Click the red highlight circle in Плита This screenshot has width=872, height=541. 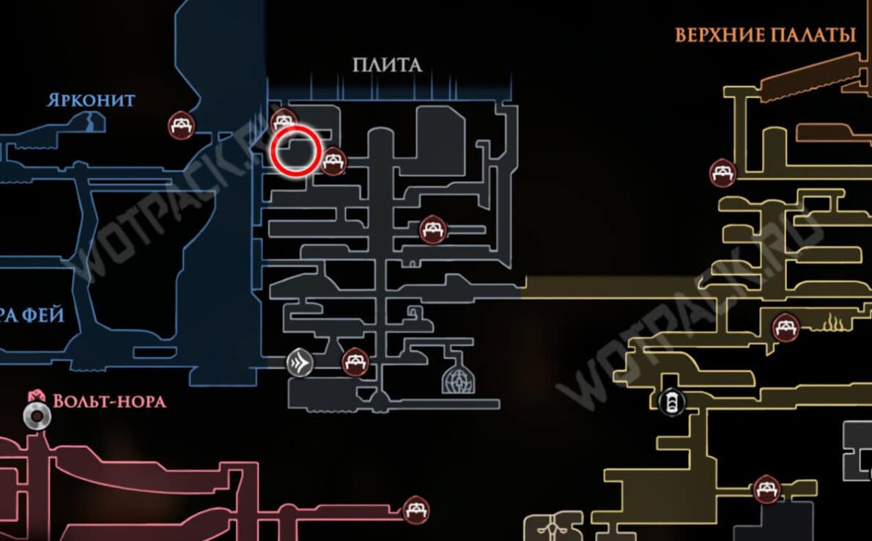pos(295,150)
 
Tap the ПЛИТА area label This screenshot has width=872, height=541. pos(387,65)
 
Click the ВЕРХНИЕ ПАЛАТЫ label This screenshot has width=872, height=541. pos(766,34)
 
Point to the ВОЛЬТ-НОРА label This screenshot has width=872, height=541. pos(109,401)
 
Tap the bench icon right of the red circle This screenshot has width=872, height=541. pos(333,161)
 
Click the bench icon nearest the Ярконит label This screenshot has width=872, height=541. pos(180,125)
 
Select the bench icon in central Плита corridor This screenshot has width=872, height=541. pos(432,229)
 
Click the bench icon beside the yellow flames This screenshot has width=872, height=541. pos(786,324)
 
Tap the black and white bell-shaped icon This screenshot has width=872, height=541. pos(670,401)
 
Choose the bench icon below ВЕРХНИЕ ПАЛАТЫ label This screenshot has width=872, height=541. pos(723,173)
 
